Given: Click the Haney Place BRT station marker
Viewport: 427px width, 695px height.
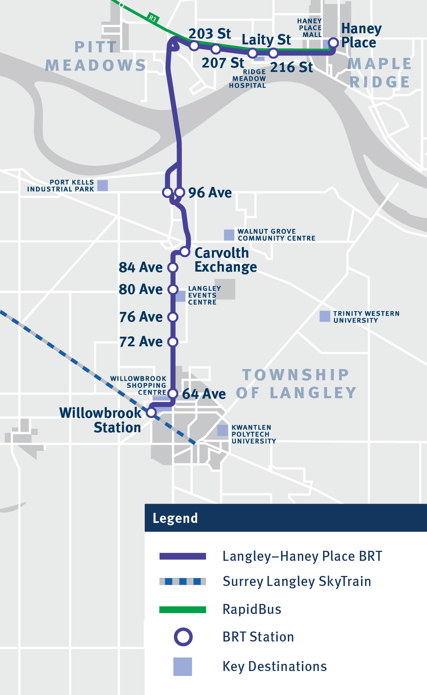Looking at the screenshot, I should coord(333,43).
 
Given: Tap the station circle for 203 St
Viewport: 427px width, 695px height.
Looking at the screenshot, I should coord(194,46).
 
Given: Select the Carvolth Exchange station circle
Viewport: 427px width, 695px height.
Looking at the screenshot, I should coord(185,252).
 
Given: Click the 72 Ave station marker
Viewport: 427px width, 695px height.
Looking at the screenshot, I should coord(173,342).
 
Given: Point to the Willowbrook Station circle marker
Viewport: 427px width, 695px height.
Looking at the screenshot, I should coord(152,412).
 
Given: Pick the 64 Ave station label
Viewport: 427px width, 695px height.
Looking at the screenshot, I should coord(204,394).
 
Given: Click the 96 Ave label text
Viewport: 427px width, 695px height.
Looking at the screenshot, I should coord(210,193).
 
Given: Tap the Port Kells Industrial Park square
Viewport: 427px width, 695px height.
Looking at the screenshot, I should coord(103,185).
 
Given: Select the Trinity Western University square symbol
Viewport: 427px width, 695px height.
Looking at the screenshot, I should coord(325,316).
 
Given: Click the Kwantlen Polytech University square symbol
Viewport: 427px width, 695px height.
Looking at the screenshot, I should coord(223,430).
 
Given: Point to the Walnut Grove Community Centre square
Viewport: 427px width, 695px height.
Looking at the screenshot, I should coord(229,235).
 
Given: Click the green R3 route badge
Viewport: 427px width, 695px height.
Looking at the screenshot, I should coord(152,18).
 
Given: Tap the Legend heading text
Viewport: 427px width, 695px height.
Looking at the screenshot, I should coord(175,518).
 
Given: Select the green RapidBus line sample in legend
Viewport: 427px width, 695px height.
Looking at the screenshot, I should coord(183,610).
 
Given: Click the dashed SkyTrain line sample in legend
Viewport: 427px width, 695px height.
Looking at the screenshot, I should coord(183,582).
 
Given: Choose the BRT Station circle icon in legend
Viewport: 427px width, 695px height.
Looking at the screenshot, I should coord(183,637).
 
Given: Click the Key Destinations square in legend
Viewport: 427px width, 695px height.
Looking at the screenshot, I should coord(183,667).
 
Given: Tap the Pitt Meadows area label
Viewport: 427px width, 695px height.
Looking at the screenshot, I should coord(96,56).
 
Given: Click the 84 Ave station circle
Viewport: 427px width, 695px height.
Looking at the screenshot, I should coord(173,267).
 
